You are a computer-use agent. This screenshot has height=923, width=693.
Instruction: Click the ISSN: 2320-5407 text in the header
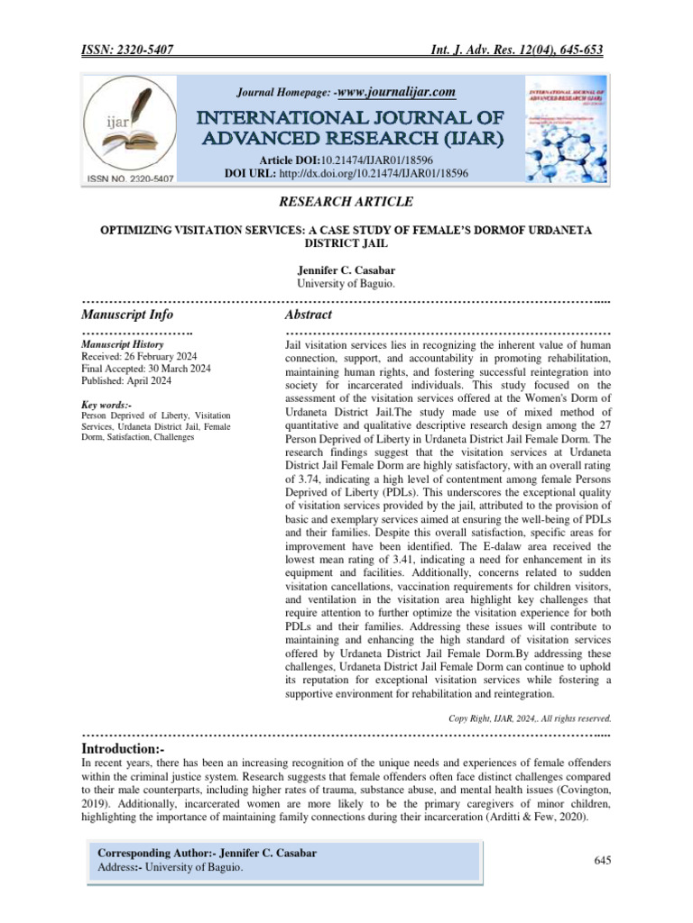(126, 50)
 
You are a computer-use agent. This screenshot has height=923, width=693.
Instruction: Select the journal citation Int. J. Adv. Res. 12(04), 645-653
(513, 50)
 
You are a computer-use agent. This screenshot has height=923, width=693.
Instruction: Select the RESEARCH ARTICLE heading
(346, 201)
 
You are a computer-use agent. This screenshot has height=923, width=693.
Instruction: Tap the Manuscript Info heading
(127, 315)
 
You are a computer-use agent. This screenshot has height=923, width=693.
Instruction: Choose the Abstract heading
(308, 315)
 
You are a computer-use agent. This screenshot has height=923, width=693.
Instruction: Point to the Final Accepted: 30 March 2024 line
(146, 368)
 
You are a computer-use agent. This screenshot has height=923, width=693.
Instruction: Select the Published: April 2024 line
(125, 379)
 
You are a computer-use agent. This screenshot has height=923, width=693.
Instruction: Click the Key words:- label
(106, 406)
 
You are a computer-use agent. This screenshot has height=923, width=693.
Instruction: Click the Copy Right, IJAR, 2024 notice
(530, 718)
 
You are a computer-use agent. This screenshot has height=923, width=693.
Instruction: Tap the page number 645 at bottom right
(604, 862)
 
